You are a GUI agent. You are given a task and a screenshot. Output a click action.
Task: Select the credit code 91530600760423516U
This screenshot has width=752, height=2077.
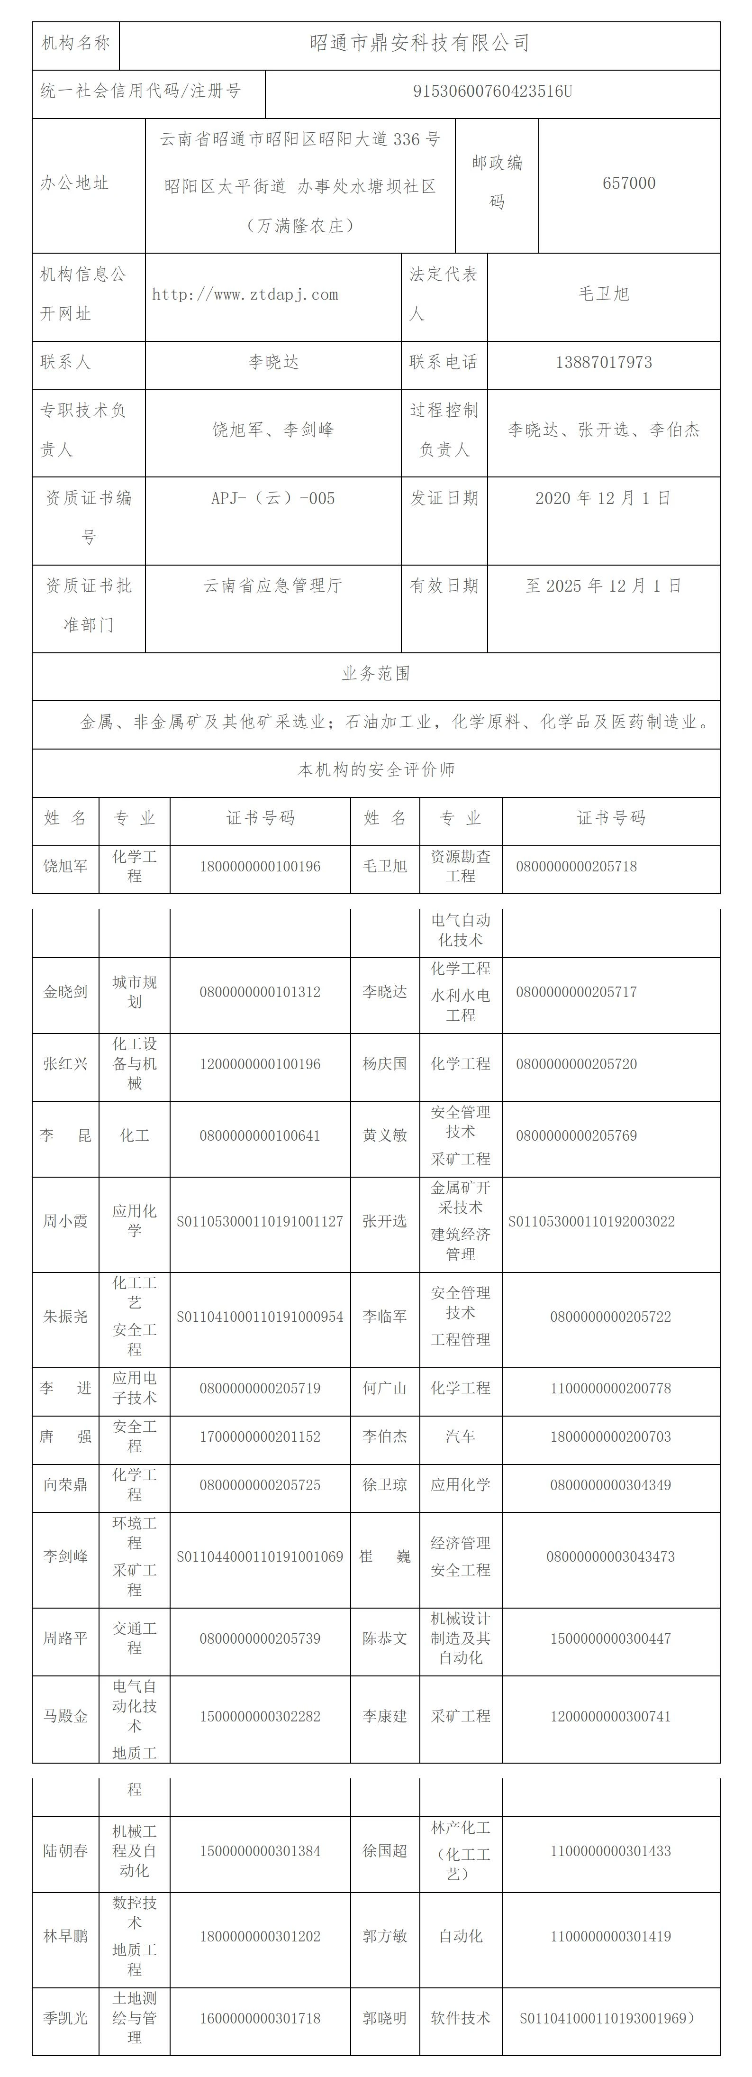[x=492, y=91]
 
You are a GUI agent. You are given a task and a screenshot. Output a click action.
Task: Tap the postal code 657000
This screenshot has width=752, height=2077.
[x=629, y=183]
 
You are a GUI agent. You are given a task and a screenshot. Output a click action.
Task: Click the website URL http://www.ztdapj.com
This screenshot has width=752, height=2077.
[x=245, y=294]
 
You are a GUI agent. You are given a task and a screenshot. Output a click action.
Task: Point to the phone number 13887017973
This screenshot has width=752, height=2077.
[x=604, y=362]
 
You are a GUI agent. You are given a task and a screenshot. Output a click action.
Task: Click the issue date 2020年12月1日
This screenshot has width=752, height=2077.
[x=603, y=498]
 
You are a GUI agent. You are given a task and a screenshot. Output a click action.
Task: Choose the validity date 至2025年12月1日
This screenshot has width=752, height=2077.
[x=603, y=586]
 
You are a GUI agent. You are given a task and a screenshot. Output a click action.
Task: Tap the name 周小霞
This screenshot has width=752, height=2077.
[x=65, y=1222]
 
